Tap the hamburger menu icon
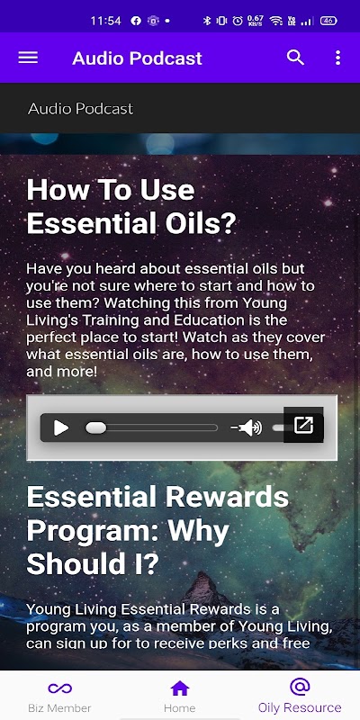coord(28,58)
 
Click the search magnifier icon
coord(295,58)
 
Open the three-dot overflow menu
coord(338,58)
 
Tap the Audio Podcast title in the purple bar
coord(138,58)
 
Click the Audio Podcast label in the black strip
coord(81,109)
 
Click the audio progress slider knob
coord(95,428)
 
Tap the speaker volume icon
coord(247,428)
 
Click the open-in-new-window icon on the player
coord(303,425)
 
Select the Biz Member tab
coord(59,696)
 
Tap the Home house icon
coord(179,688)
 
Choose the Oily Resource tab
coord(300,696)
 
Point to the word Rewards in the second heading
coord(228,497)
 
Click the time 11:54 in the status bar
coord(105,21)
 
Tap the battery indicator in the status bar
coord(328,21)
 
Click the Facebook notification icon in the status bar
coord(136,21)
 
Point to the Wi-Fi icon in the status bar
coord(276,21)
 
